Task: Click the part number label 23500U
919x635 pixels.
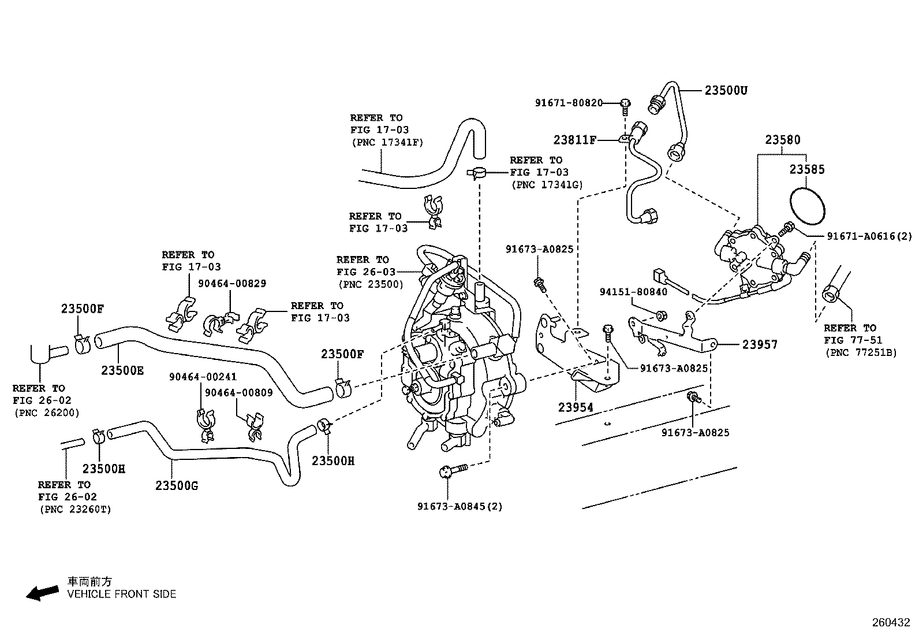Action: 726,90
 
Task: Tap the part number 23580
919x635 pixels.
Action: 782,140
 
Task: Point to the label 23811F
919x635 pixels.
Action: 575,140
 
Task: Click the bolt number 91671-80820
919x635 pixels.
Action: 569,103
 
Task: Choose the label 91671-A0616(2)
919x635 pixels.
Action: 869,236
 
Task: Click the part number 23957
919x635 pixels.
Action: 760,344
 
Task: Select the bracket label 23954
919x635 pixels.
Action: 576,407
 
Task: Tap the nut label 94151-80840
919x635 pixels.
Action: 633,292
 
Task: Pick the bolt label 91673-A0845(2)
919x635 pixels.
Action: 460,506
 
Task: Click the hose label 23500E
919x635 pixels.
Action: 122,370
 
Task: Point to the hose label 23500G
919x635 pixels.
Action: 177,486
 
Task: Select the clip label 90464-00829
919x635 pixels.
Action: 232,283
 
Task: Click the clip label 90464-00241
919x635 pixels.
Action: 203,377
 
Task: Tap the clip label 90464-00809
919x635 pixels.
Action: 239,393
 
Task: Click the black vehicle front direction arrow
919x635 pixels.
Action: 42,593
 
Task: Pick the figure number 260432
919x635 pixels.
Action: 891,623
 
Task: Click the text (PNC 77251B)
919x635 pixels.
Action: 861,353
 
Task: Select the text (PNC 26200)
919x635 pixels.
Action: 47,413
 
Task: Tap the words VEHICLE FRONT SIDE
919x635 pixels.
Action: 121,594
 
